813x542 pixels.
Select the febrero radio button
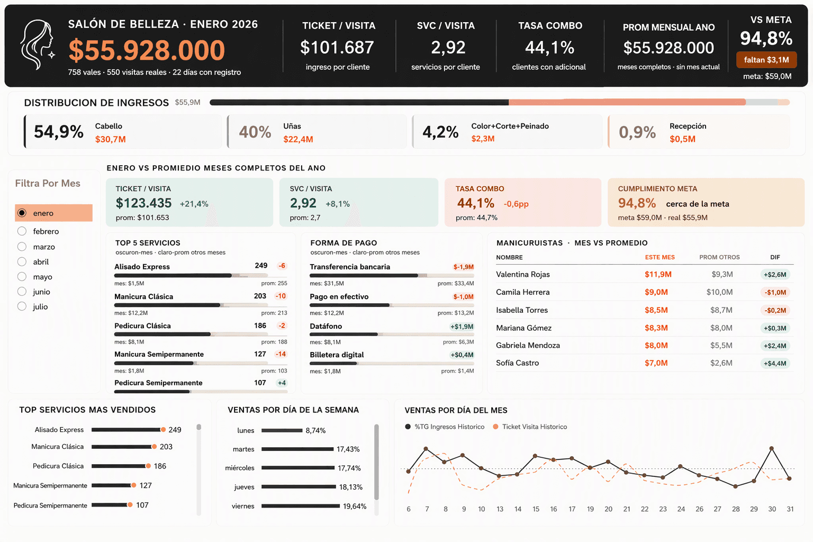click(22, 231)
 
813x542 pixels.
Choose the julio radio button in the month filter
click(22, 306)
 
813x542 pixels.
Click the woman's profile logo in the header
click(38, 44)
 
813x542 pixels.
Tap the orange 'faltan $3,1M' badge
click(766, 60)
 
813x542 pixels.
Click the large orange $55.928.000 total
click(147, 50)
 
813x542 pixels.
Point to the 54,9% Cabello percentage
click(58, 131)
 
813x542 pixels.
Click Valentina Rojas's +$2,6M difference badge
click(775, 275)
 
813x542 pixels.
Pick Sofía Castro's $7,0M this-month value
click(656, 363)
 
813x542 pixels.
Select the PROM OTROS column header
click(719, 257)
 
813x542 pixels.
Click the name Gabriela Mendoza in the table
click(528, 345)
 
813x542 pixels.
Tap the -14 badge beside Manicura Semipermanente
click(281, 354)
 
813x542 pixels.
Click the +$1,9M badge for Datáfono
click(462, 327)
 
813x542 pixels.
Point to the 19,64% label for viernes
click(355, 506)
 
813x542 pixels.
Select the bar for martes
click(297, 449)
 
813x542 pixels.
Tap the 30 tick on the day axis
click(772, 509)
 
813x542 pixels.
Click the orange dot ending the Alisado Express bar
click(164, 430)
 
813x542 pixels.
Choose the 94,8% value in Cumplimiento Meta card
click(637, 203)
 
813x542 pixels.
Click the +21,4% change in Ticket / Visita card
click(194, 204)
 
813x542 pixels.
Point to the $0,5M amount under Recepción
click(682, 139)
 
